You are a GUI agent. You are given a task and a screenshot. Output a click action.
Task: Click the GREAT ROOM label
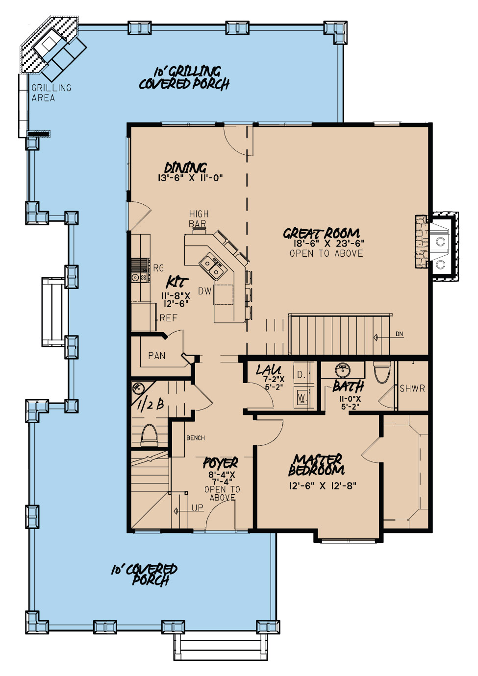tap(322, 233)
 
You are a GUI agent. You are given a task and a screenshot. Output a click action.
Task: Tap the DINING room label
tap(185, 168)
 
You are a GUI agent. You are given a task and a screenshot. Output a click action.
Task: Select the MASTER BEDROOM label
tap(317, 465)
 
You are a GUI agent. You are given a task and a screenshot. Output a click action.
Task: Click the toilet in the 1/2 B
tap(149, 435)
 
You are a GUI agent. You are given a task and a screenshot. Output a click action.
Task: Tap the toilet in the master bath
tap(382, 372)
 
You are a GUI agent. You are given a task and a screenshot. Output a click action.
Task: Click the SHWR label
tap(412, 388)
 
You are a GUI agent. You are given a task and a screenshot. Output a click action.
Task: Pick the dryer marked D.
tap(302, 375)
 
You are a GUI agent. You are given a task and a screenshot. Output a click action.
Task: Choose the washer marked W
tap(302, 397)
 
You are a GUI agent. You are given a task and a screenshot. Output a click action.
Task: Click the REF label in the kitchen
tap(168, 318)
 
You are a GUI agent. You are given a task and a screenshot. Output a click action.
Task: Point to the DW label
tap(205, 291)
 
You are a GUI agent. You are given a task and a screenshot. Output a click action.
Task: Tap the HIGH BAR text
tap(199, 219)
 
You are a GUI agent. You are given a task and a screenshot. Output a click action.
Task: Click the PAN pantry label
tap(157, 356)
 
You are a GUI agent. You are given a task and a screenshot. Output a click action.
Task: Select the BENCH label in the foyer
tap(196, 438)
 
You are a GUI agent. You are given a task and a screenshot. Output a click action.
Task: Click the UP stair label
tap(197, 507)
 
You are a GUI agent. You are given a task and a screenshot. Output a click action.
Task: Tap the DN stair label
tap(400, 334)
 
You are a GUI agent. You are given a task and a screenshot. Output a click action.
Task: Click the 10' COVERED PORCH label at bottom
tap(144, 575)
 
